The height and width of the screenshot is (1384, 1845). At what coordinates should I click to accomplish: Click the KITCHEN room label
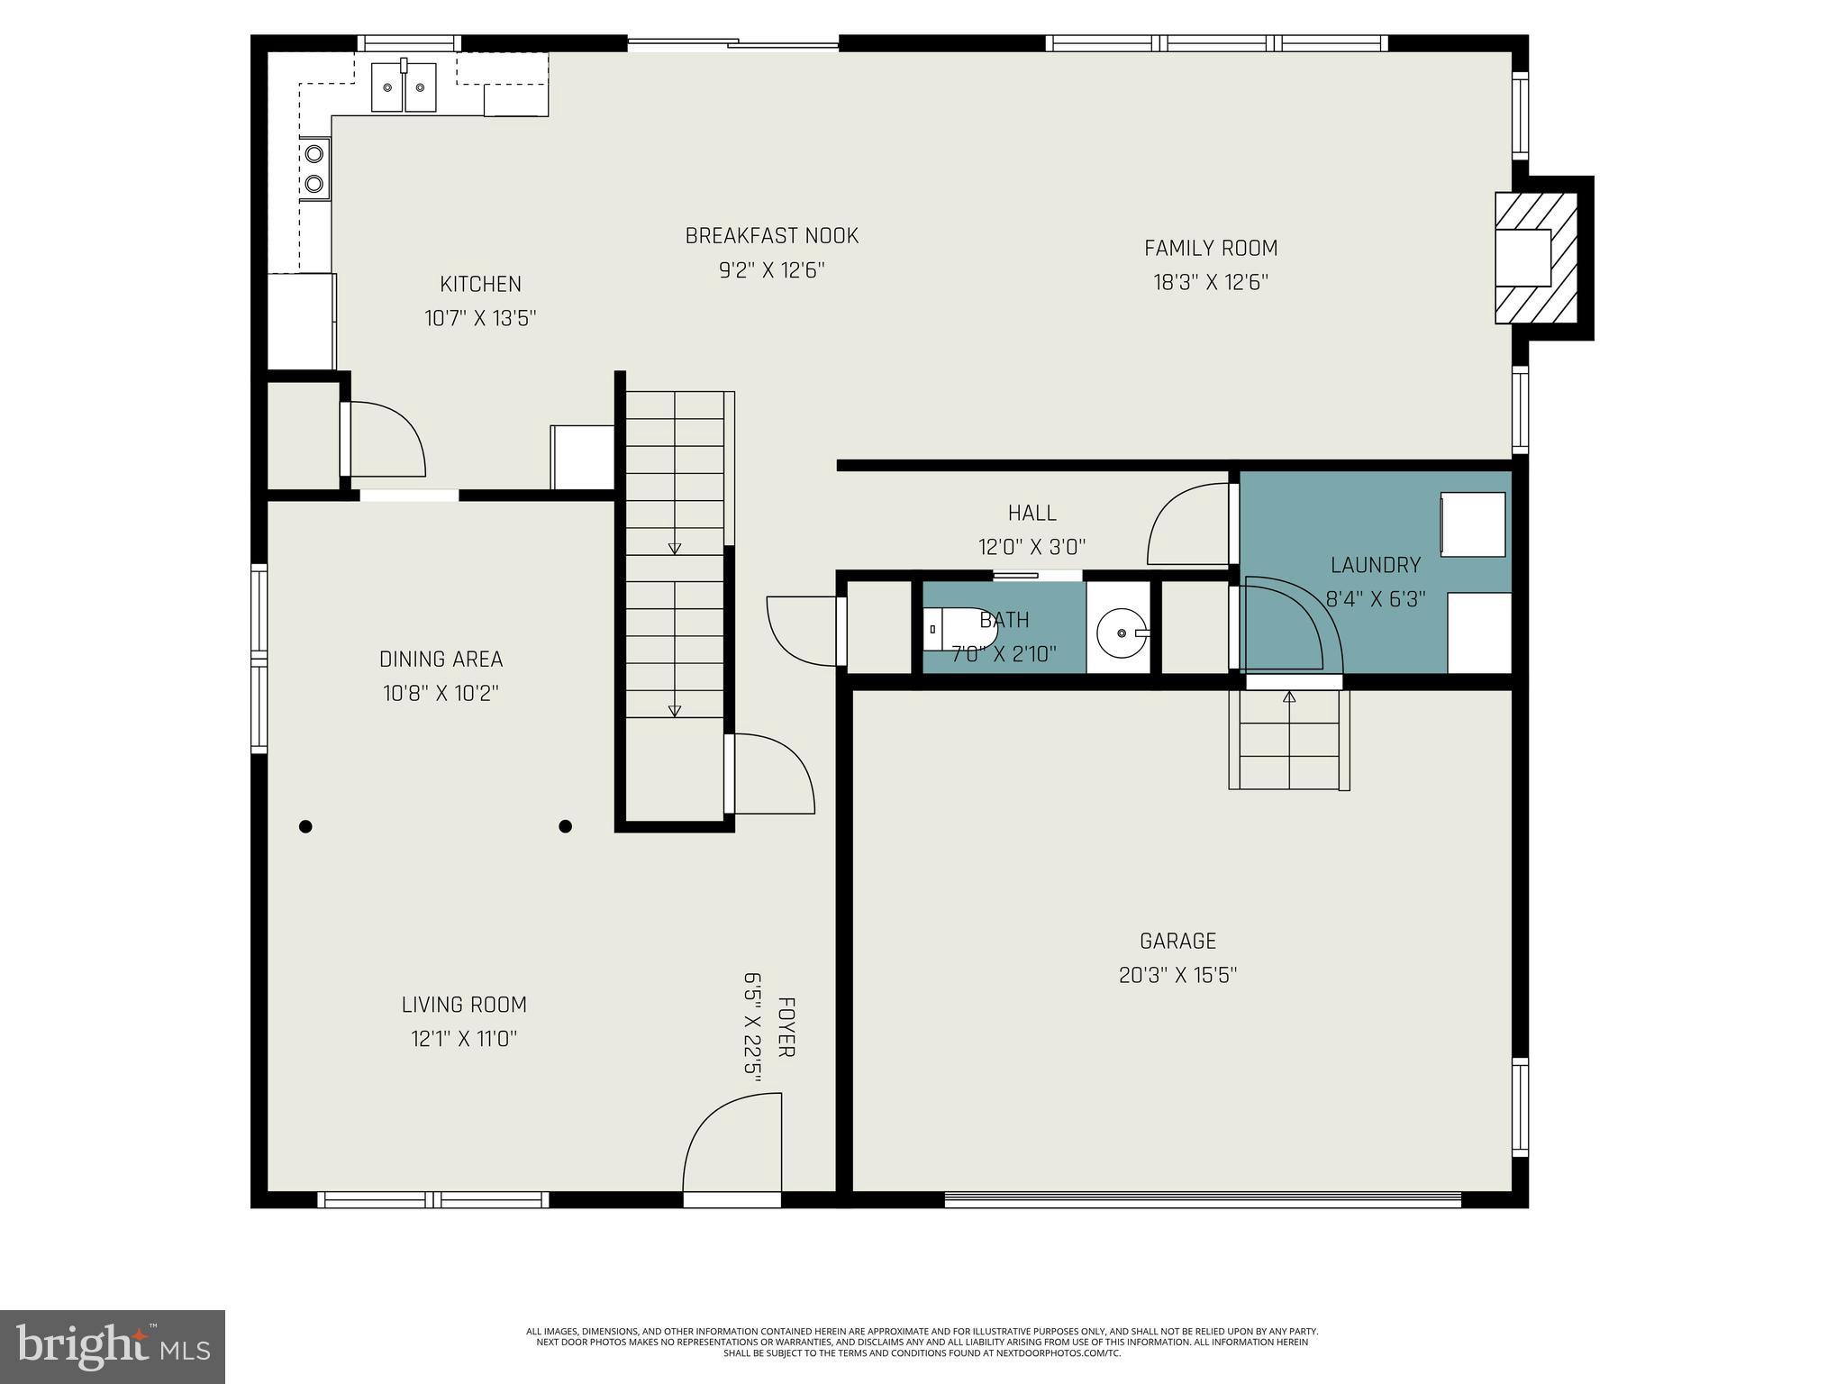click(x=480, y=284)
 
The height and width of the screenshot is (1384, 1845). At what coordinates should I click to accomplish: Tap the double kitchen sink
click(x=404, y=86)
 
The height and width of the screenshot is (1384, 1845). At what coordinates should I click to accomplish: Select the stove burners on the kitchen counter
click(x=314, y=168)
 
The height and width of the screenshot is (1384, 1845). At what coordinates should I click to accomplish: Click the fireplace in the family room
click(x=1535, y=258)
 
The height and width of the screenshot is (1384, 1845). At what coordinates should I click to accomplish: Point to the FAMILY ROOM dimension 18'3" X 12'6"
click(x=1211, y=283)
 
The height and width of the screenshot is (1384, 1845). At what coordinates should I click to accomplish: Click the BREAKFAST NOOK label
click(x=771, y=236)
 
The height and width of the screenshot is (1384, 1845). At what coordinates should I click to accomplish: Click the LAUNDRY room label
click(x=1376, y=565)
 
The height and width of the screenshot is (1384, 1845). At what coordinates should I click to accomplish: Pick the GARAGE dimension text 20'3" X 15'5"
click(x=1177, y=976)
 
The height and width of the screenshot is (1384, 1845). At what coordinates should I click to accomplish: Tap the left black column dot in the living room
click(x=305, y=826)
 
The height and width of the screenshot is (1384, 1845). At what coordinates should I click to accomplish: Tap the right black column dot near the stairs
click(x=565, y=826)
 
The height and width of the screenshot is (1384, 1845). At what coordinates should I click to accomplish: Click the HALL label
click(x=1032, y=513)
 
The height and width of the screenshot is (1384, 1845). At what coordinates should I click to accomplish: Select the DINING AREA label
click(x=441, y=660)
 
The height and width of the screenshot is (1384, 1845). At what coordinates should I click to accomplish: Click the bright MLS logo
click(x=113, y=1347)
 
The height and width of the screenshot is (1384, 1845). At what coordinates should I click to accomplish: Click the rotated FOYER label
click(x=785, y=1027)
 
